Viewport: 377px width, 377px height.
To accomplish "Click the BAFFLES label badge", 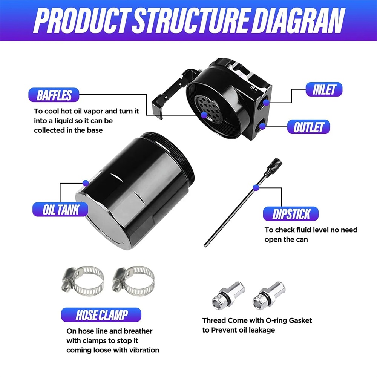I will pyautogui.click(x=54, y=95).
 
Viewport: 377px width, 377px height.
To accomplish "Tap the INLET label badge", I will pyautogui.click(x=324, y=90).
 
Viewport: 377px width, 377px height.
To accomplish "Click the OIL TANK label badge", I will pyautogui.click(x=60, y=209).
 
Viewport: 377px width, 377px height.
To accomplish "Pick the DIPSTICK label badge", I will pyautogui.click(x=291, y=214).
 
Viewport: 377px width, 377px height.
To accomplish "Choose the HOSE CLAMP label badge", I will pyautogui.click(x=101, y=315).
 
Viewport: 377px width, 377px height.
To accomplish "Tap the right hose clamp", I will pyautogui.click(x=134, y=280).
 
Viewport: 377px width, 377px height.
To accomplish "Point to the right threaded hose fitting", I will pyautogui.click(x=269, y=294).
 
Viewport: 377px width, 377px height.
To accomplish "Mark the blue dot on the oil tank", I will pyautogui.click(x=86, y=182).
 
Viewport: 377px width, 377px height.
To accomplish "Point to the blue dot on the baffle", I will pyautogui.click(x=204, y=114).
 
